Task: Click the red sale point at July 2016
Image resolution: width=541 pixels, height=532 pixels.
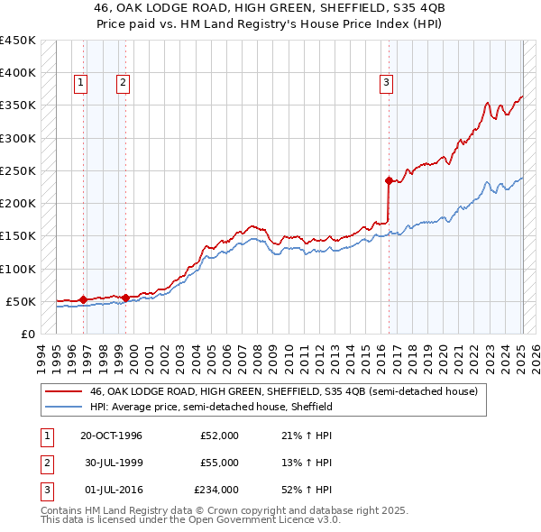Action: click(389, 180)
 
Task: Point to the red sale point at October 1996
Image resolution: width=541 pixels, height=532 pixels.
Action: click(84, 299)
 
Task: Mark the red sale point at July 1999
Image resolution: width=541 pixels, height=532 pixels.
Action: click(125, 297)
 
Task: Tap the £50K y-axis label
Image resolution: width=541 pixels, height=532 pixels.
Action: click(21, 301)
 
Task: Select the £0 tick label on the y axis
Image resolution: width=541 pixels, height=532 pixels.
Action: click(27, 334)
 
